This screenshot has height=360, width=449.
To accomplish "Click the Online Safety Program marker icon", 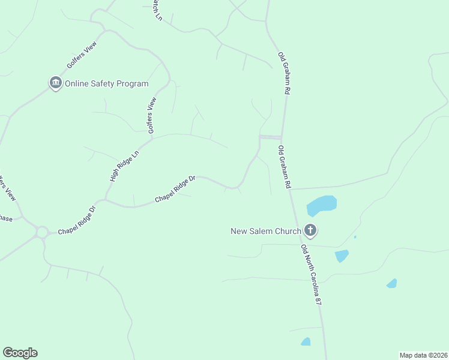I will tap(56, 83).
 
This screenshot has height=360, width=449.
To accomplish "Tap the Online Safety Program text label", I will tap(106, 84).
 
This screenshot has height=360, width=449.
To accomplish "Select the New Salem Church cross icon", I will tap(310, 230).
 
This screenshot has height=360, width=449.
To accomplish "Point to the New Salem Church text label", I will tap(265, 231).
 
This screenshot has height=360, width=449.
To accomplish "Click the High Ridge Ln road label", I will tap(124, 166).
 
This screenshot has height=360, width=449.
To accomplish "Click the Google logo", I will tap(20, 353).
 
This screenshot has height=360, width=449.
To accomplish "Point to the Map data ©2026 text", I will tap(423, 355).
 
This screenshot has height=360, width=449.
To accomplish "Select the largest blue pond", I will tap(321, 205).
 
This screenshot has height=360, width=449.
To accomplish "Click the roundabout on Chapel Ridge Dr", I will tap(42, 232).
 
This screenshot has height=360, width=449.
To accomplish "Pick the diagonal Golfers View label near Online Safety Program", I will tap(82, 58).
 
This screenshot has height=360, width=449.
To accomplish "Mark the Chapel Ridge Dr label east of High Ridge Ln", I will tap(175, 189).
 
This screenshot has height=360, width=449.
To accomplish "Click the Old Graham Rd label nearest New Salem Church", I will tap(285, 167).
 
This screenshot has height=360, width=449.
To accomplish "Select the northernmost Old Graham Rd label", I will tap(284, 73).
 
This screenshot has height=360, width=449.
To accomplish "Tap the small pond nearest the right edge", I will tap(391, 283).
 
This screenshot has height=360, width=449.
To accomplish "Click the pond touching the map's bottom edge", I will tap(306, 342).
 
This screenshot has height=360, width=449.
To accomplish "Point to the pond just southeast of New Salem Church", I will tap(342, 256).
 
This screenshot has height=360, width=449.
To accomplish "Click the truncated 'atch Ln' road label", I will tap(157, 10).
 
